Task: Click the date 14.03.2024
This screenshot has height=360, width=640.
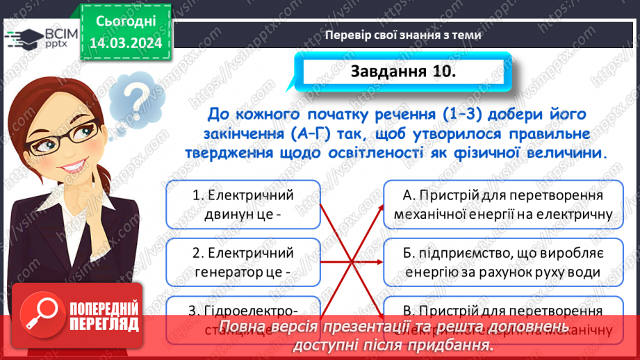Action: point(126,44)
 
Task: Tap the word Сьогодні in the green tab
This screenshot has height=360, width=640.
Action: point(126,23)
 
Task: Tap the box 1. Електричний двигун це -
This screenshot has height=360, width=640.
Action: point(243,205)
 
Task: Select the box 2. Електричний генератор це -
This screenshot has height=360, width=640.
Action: point(243,262)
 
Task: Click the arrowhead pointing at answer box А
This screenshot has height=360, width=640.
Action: point(379,207)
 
